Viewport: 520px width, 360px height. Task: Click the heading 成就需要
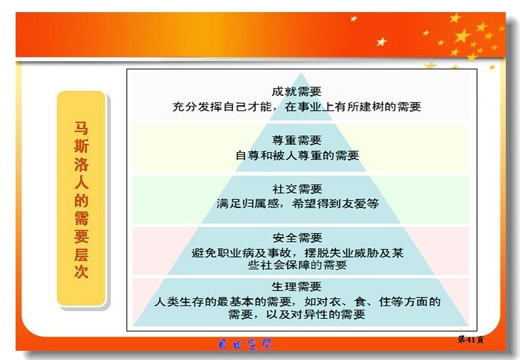click(x=296, y=92)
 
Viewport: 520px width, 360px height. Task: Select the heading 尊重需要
click(x=296, y=140)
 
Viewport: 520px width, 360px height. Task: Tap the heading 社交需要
click(x=297, y=189)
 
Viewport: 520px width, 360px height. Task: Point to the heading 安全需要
click(x=297, y=238)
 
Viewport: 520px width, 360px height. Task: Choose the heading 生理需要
click(x=296, y=286)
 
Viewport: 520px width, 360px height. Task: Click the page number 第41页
click(x=470, y=339)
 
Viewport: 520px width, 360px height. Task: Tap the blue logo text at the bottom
click(x=245, y=344)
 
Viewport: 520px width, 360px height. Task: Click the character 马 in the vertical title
click(x=81, y=129)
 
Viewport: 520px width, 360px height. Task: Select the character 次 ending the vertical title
click(x=81, y=271)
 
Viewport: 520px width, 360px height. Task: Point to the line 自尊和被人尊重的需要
click(x=297, y=155)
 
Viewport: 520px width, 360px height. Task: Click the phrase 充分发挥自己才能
click(x=222, y=107)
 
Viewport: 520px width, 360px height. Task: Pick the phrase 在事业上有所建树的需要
click(x=352, y=107)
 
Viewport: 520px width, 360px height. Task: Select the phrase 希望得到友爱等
click(x=335, y=204)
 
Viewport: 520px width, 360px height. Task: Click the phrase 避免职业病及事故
click(x=241, y=253)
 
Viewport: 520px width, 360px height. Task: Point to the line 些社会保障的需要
click(x=297, y=265)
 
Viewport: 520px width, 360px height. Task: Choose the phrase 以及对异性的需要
click(x=315, y=315)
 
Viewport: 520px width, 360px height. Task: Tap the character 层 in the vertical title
click(x=81, y=254)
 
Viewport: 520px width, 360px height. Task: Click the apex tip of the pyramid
click(x=300, y=73)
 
